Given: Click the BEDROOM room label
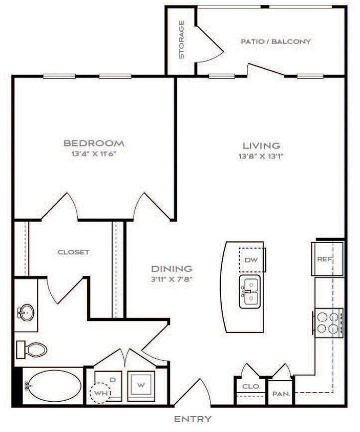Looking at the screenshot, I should click(94, 143).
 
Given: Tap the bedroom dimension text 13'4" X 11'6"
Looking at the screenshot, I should click(94, 153).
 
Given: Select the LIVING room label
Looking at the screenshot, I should click(261, 146).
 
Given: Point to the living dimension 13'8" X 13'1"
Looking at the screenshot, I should click(261, 156).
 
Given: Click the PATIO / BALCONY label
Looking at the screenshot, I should click(276, 41).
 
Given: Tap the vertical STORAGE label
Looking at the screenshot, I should click(182, 39).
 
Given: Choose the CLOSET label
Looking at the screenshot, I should click(74, 252).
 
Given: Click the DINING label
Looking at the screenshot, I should click(172, 268).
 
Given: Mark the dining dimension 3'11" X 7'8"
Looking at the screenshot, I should click(172, 279).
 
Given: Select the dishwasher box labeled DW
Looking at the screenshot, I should click(250, 260).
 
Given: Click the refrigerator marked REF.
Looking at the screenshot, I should click(325, 259).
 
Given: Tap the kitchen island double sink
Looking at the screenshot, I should click(250, 291).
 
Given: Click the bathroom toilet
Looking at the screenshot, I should click(33, 350).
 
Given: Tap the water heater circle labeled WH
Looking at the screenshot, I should click(99, 394).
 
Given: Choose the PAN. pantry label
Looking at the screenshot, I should click(281, 394).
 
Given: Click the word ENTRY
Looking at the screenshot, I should click(193, 419).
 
